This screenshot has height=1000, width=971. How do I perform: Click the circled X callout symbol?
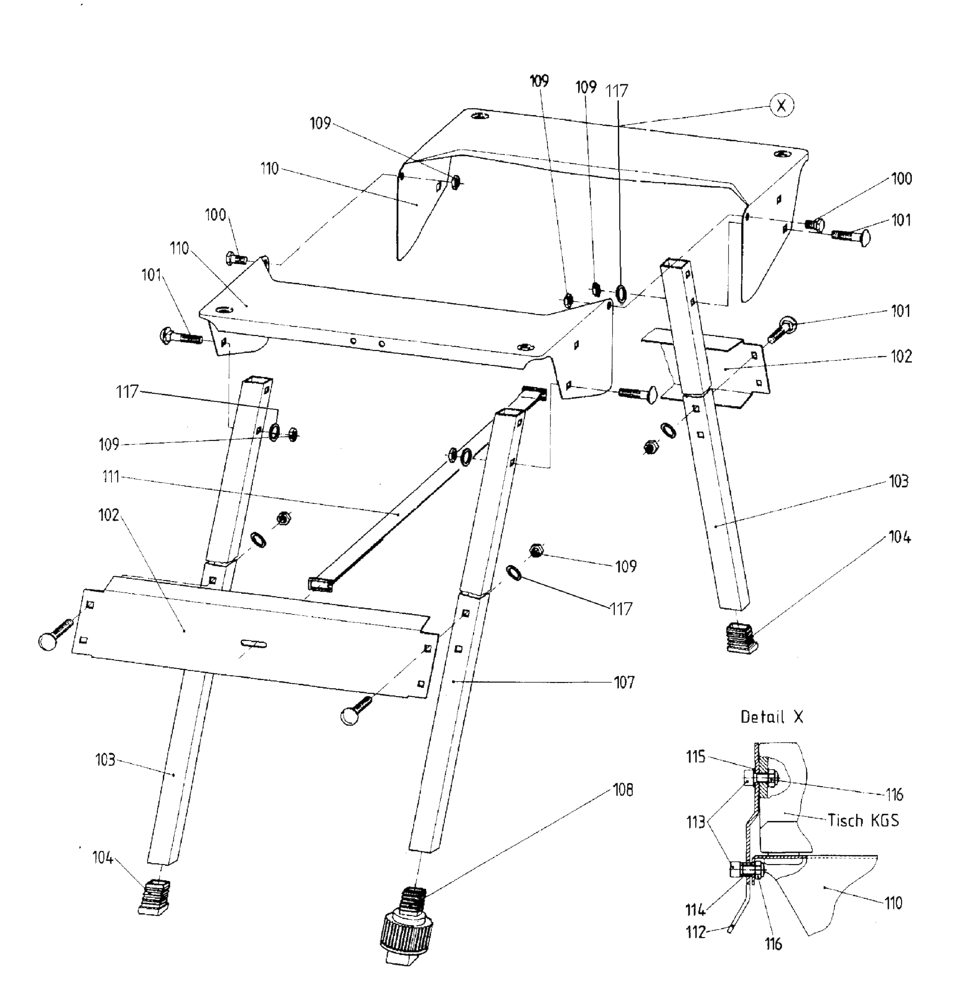[x=781, y=106]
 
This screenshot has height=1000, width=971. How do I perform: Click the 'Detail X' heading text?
[x=772, y=717]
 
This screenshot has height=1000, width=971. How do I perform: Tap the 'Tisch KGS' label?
[x=863, y=820]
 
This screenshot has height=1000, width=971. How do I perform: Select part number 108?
[x=623, y=790]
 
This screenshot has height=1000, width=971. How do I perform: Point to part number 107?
[x=624, y=682]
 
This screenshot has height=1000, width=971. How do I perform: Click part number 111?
[x=111, y=477]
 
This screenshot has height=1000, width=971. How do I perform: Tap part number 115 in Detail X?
[x=695, y=757]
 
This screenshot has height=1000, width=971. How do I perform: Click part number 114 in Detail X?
[x=695, y=910]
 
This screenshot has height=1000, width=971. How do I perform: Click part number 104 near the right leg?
[x=899, y=537]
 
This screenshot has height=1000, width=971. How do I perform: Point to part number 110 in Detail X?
[x=893, y=903]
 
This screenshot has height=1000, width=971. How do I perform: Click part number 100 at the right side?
[x=901, y=179]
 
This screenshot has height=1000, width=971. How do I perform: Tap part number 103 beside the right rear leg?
[x=899, y=481]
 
